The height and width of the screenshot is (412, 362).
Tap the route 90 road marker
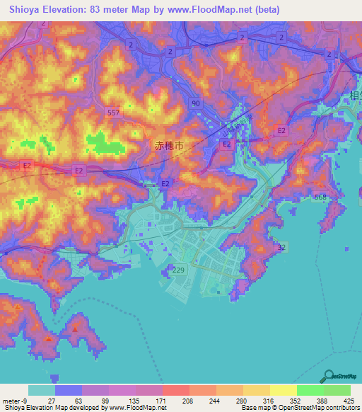point(195,103)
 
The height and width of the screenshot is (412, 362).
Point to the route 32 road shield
point(282,247)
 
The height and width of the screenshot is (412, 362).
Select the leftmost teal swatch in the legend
point(41,390)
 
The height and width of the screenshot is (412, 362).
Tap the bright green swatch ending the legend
point(337,390)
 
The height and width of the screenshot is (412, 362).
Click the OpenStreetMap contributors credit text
point(312,407)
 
